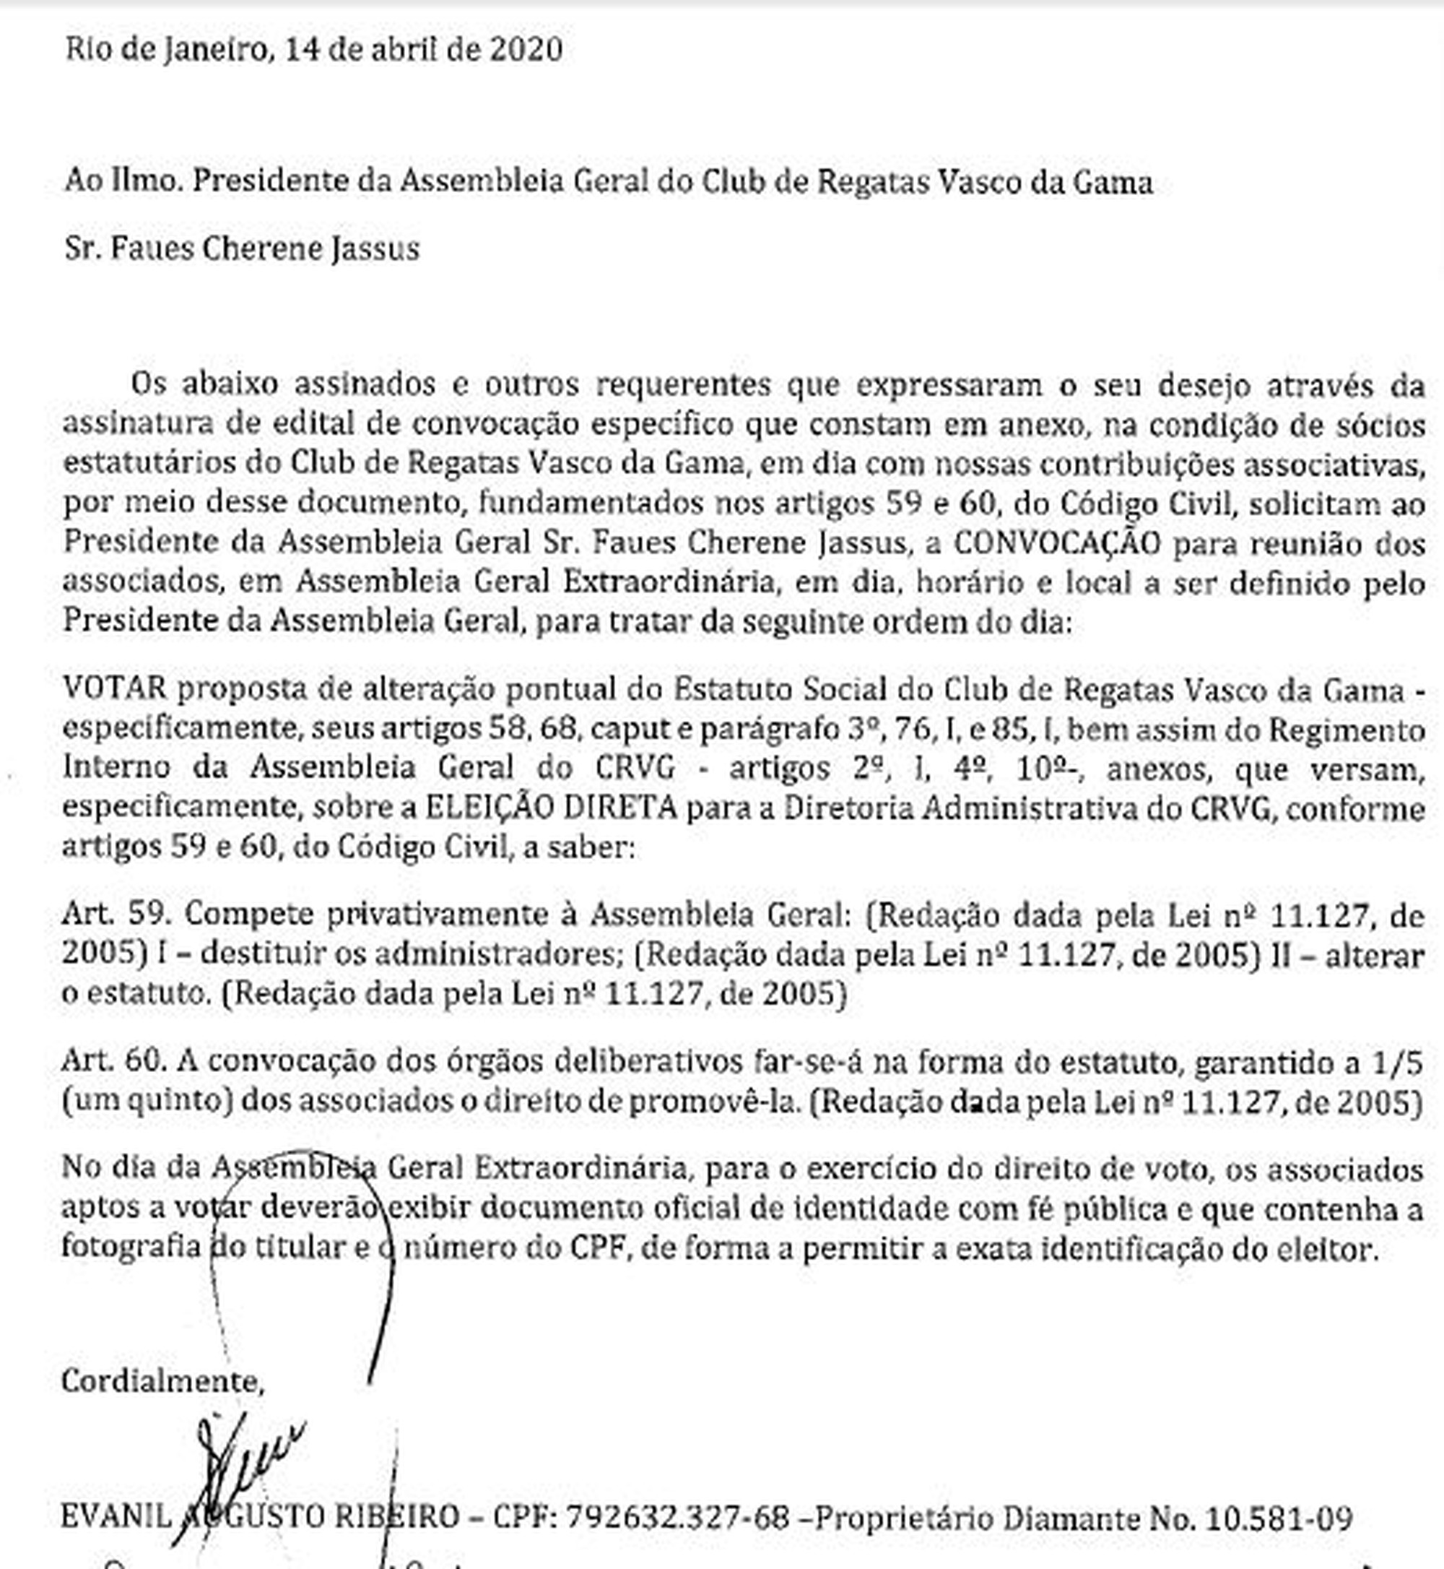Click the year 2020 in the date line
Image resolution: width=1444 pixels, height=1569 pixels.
pyautogui.click(x=525, y=49)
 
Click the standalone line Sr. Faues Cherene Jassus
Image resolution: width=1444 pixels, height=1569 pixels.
pyautogui.click(x=241, y=248)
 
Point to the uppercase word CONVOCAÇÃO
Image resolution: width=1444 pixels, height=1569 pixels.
pyautogui.click(x=1056, y=543)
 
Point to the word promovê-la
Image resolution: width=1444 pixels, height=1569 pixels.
pyautogui.click(x=715, y=1101)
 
